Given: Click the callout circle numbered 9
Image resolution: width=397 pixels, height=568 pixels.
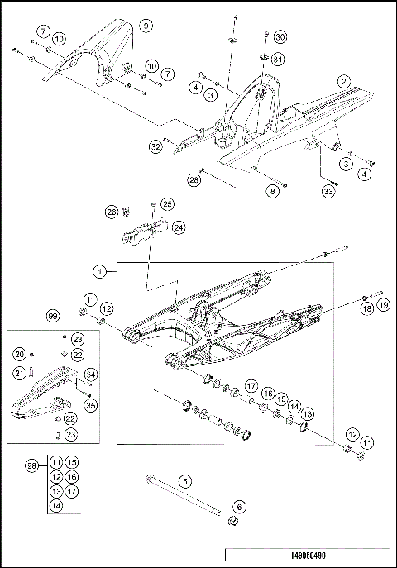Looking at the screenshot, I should [146, 26].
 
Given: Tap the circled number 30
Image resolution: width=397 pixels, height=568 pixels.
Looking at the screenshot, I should [280, 38].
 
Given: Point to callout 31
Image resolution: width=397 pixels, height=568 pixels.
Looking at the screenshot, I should [279, 59].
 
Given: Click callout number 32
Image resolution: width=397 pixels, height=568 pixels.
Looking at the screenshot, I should [155, 147].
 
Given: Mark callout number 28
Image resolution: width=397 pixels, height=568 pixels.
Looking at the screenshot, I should [194, 179].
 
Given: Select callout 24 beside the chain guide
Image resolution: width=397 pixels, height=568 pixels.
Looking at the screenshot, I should [179, 227].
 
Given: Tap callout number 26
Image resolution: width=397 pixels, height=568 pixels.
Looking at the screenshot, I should [112, 212].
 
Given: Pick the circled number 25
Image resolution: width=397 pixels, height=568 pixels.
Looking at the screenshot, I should [167, 203].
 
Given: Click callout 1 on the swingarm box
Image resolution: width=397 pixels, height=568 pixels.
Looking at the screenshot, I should [99, 270].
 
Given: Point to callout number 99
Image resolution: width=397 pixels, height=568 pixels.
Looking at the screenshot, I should [53, 317].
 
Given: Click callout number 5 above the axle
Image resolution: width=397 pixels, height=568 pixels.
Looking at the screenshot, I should [185, 480].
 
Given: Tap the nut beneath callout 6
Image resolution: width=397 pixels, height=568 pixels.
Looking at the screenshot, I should [234, 522].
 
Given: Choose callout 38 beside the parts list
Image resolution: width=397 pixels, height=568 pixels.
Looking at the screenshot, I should [32, 467].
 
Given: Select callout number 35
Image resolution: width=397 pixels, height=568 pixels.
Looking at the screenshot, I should [90, 405].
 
